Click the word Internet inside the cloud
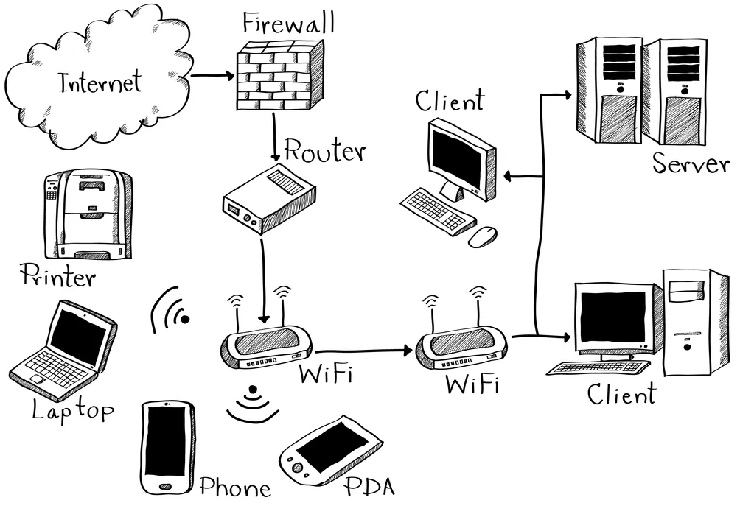pyautogui.click(x=100, y=82)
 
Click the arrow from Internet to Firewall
pyautogui.click(x=212, y=75)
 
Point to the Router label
pyautogui.click(x=324, y=151)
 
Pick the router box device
pyautogui.click(x=268, y=200)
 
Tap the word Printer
pyautogui.click(x=58, y=277)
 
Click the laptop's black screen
pyautogui.click(x=77, y=336)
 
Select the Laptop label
pyautogui.click(x=73, y=409)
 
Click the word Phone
pyautogui.click(x=235, y=487)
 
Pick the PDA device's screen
pyautogui.click(x=331, y=449)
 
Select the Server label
pyautogui.click(x=691, y=163)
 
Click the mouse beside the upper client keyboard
pyautogui.click(x=483, y=236)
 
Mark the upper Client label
pyautogui.click(x=450, y=101)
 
